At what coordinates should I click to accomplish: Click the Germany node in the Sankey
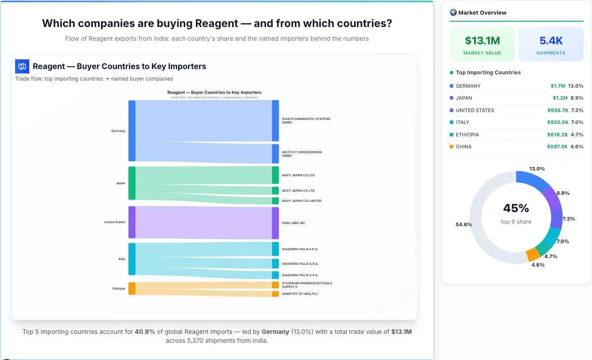point(132,131)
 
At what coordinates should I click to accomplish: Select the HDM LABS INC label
point(293,223)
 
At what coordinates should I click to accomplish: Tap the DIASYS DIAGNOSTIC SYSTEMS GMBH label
point(306,120)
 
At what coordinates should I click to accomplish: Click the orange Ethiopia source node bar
point(132,288)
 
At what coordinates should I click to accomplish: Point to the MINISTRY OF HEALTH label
point(300,294)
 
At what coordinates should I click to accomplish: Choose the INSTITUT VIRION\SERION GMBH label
point(302,154)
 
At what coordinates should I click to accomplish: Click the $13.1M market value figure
point(482,41)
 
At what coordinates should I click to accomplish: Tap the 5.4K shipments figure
point(551,41)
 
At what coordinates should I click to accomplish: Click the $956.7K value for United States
point(557,110)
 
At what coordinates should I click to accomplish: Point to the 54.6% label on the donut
point(464,225)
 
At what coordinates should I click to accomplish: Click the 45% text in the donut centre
point(516,208)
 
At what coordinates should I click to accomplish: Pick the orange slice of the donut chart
point(533,255)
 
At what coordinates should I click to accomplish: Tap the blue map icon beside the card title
point(22,66)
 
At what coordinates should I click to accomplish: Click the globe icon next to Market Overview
point(453,12)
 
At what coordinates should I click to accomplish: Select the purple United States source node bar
point(132,222)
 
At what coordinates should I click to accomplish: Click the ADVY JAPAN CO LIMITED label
point(301,201)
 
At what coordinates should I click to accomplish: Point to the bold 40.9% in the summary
point(144,332)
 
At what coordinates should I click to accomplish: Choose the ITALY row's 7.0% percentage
point(577,122)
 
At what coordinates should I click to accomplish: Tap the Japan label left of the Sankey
point(121,183)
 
